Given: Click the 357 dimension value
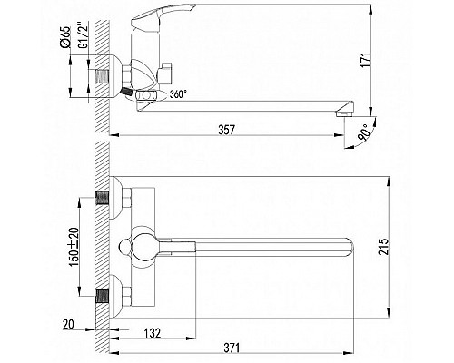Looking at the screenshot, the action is pyautogui.click(x=226, y=130).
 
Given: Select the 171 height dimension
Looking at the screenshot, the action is pyautogui.click(x=366, y=60).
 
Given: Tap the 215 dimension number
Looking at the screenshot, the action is pyautogui.click(x=383, y=247).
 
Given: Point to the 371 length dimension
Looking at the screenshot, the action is pyautogui.click(x=232, y=348).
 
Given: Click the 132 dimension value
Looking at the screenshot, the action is pyautogui.click(x=152, y=333).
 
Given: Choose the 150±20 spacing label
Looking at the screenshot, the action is pyautogui.click(x=74, y=247).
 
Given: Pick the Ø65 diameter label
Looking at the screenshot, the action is pyautogui.click(x=65, y=37).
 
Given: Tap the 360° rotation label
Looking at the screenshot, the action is pyautogui.click(x=177, y=94).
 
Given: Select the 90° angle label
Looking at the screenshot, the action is pyautogui.click(x=364, y=133).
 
